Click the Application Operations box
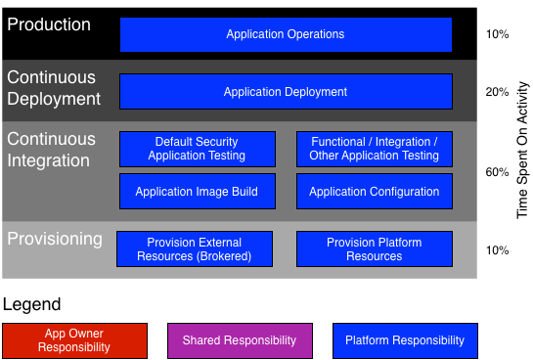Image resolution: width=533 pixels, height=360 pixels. coord(286,34)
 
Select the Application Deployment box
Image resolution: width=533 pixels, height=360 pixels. coord(286,92)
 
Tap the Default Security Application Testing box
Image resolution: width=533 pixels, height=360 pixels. coord(197,149)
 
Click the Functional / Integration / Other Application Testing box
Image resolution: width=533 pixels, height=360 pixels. coord(374,149)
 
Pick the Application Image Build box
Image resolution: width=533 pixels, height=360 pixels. coord(197,192)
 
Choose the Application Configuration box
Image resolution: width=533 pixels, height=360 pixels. coord(374,192)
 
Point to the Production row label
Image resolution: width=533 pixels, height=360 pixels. coord(49,23)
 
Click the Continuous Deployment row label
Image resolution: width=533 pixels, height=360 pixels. coord(53,88)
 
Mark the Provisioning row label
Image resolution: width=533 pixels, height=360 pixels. coord(54,239)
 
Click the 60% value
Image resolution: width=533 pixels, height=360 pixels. coord(497,172)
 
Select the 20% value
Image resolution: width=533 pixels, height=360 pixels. coord(497,92)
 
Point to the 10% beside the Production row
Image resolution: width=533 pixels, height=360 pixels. coord(497,34)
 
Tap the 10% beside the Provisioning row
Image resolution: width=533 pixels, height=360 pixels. coord(497,249)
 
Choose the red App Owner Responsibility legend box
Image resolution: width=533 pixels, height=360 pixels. coord(75,340)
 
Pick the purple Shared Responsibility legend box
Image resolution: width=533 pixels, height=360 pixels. coord(240,340)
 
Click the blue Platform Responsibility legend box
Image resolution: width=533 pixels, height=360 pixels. coord(405,340)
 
